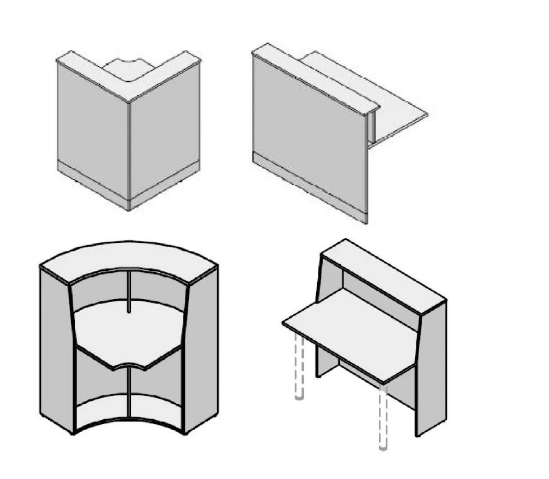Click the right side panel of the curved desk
pos(201,354)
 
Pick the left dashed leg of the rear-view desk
pos(299,366)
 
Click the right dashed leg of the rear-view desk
pos(382,415)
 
